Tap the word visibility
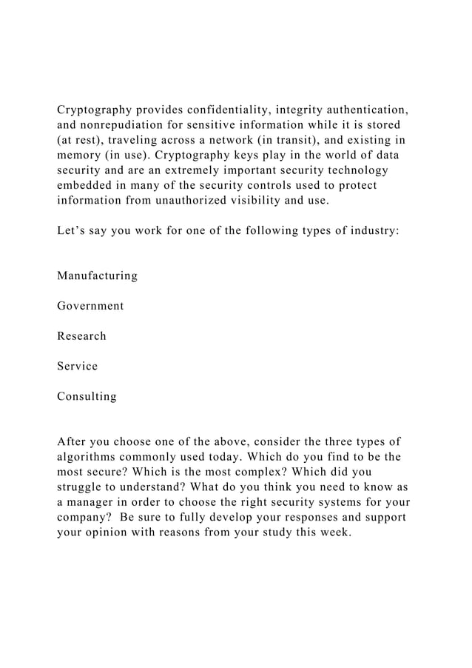pyautogui.click(x=263, y=200)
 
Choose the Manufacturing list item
pyautogui.click(x=97, y=275)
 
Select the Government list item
pyautogui.click(x=90, y=306)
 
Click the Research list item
pyautogui.click(x=81, y=336)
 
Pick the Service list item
pyautogui.click(x=77, y=366)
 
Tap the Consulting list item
pyautogui.click(x=87, y=396)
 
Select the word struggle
pyautogui.click(x=81, y=487)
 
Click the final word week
pyautogui.click(x=332, y=532)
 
